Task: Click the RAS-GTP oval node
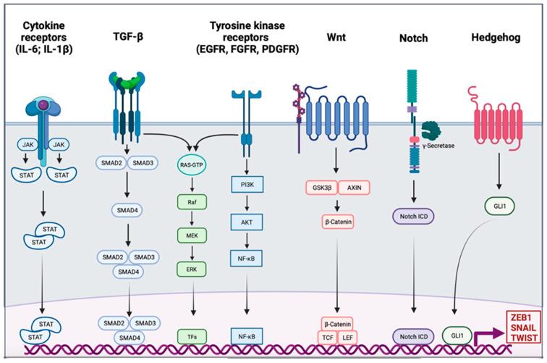pos(192,164)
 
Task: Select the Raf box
pos(192,202)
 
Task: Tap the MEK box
pos(192,235)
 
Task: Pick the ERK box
pos(192,270)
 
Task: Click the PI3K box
pos(247,185)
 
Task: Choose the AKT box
pos(247,222)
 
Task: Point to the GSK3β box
pos(322,188)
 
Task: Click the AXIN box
pos(354,188)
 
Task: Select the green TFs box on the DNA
pos(192,337)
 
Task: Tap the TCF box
pos(328,338)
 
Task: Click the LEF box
pos(347,338)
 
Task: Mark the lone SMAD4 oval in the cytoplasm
pos(127,210)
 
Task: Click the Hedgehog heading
pos(496,38)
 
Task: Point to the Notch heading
pos(413,38)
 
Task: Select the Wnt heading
pos(336,38)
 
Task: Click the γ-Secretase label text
pos(438,146)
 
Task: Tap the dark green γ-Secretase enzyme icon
pos(431,130)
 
